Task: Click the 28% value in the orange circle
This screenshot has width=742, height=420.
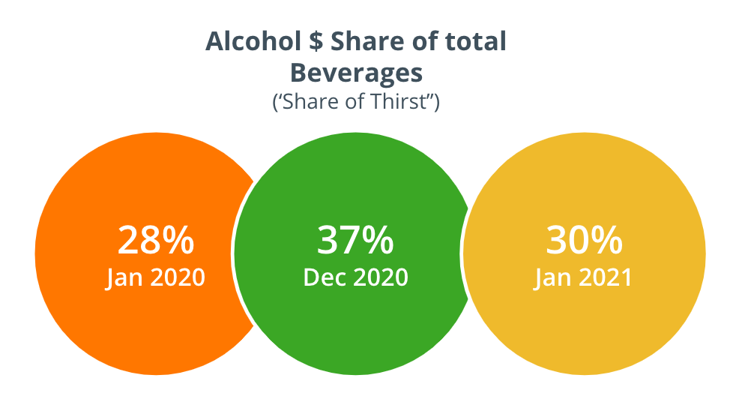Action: coord(156,241)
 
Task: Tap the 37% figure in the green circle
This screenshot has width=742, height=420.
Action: coord(355,241)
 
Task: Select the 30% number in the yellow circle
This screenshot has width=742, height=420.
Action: coord(584,241)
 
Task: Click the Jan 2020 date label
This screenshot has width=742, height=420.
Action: coord(156,277)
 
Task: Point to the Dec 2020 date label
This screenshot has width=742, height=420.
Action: coord(355,277)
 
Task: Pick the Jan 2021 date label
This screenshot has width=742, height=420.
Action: coord(584,277)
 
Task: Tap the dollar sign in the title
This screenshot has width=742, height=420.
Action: coord(316,42)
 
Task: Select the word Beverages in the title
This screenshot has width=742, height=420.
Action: coord(356,73)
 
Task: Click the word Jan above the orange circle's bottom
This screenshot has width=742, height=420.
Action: coord(124,277)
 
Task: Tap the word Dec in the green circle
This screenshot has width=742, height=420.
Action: coord(322,277)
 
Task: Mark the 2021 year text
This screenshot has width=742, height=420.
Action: coord(603,277)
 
